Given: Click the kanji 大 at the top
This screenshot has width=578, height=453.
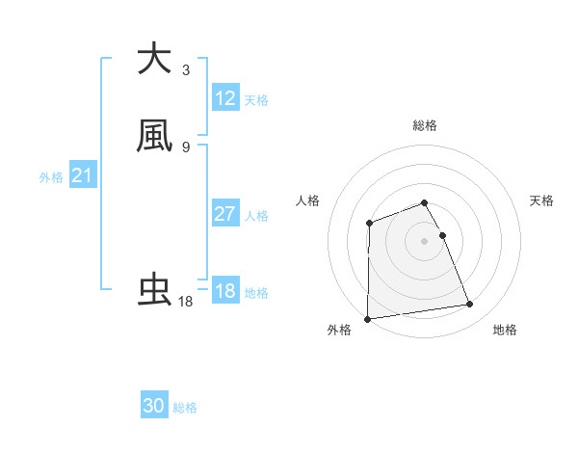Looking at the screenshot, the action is [x=154, y=59].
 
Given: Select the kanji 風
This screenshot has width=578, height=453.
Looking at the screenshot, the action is [x=154, y=136].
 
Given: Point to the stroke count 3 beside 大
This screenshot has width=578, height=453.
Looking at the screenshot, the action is [x=186, y=70].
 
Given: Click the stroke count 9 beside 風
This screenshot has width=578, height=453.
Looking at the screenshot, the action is [x=186, y=147].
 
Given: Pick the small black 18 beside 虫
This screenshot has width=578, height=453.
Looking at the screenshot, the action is [x=186, y=302].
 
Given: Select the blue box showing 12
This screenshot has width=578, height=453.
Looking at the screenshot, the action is [x=225, y=98].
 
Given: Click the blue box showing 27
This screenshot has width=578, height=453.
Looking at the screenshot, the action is [x=225, y=214].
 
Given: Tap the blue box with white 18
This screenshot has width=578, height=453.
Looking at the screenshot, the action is [x=225, y=291].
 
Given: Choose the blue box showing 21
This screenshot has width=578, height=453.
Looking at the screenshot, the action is [x=82, y=175].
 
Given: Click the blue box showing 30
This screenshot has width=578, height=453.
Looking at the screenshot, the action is [x=154, y=406].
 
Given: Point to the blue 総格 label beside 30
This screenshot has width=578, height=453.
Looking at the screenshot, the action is [x=185, y=408].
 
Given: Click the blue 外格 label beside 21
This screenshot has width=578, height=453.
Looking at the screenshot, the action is [x=51, y=177].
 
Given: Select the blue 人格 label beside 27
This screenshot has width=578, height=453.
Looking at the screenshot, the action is [x=257, y=216].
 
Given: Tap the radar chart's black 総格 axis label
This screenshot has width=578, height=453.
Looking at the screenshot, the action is [x=425, y=125].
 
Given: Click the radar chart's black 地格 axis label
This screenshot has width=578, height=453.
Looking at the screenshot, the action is [x=505, y=330].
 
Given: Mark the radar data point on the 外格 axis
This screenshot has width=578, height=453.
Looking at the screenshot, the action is [x=367, y=319].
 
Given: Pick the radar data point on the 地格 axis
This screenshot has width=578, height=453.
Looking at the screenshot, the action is [x=470, y=305].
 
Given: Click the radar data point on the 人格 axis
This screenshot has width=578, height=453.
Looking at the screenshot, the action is [x=370, y=224].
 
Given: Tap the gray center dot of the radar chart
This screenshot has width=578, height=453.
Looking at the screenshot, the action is [x=425, y=241].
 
